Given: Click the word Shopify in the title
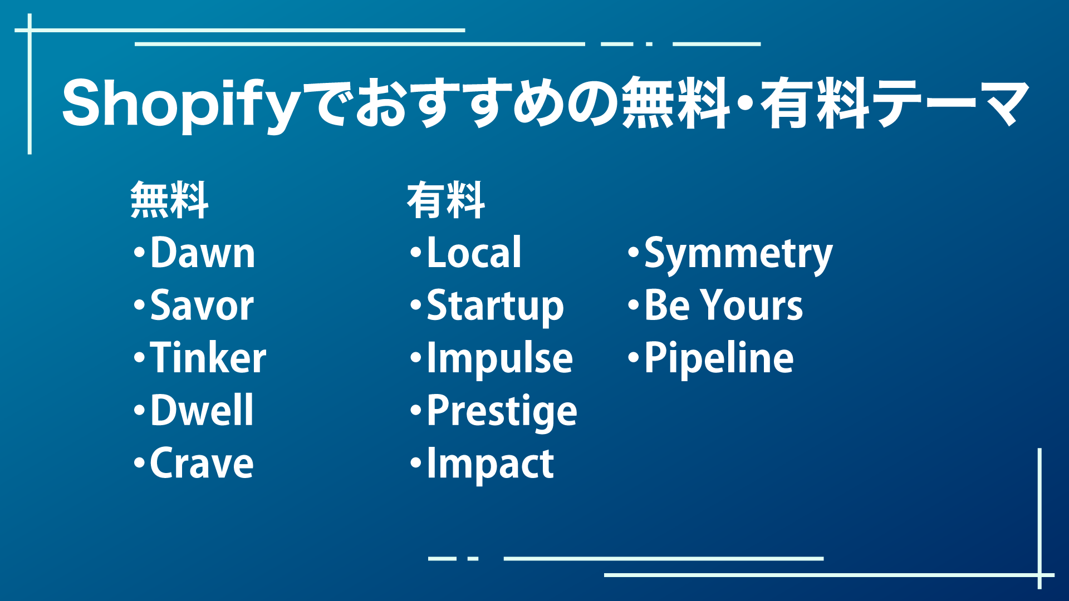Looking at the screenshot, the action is [181, 105].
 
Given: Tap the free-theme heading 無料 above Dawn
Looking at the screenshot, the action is [169, 200].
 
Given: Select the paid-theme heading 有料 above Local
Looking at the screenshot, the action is [445, 200].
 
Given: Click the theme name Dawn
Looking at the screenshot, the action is [203, 253].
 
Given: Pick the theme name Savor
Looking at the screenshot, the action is [202, 306].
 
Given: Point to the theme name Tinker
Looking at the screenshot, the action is [208, 358].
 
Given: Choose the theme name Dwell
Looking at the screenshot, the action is [202, 411].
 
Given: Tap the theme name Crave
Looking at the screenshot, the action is [202, 464].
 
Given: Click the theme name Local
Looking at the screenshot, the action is [474, 253].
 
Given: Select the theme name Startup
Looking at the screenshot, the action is [495, 307].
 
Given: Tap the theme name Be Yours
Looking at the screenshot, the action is [723, 306].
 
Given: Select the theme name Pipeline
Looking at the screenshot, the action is [719, 359].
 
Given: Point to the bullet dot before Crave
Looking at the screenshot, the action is [139, 463].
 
